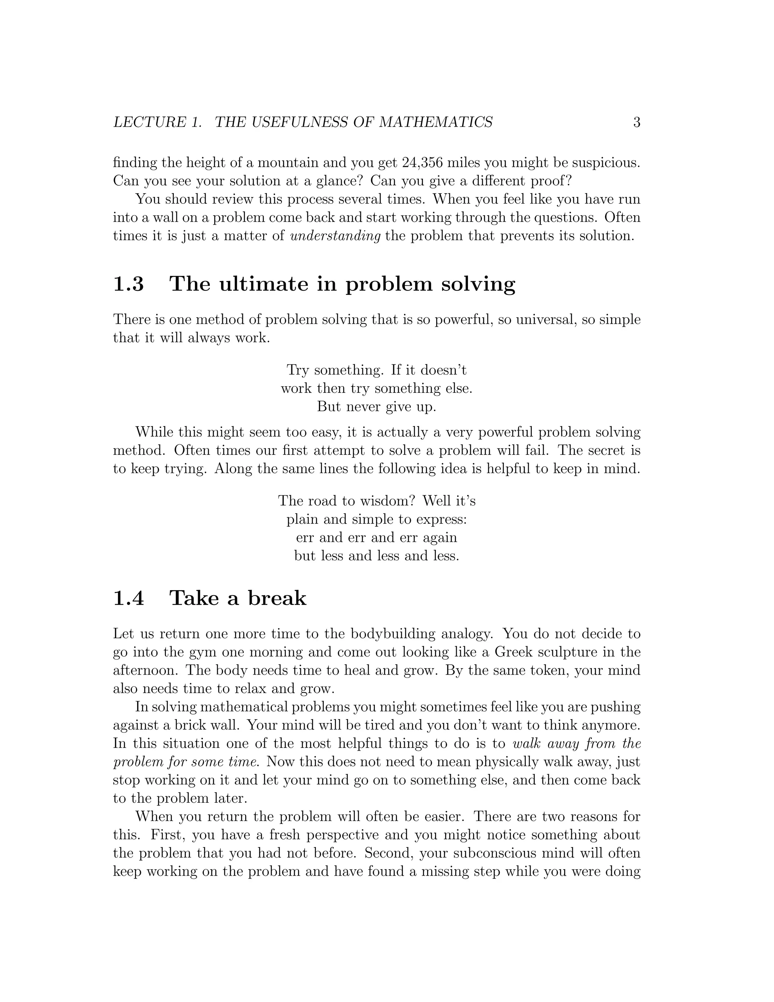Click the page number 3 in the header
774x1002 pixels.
point(636,123)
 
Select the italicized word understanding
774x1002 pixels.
point(336,236)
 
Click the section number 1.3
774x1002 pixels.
point(128,284)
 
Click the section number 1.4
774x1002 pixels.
point(128,598)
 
